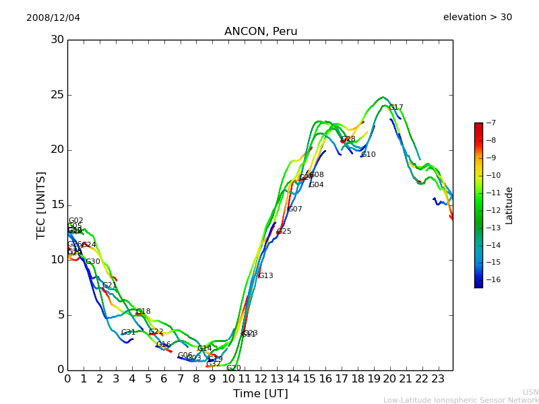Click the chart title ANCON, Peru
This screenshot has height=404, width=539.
[261, 32]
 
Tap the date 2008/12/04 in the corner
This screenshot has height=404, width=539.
[53, 18]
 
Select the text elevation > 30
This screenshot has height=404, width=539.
[477, 18]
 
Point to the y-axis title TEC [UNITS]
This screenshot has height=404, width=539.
[42, 205]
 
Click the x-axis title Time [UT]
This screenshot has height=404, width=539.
[260, 394]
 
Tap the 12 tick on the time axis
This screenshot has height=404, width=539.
[261, 378]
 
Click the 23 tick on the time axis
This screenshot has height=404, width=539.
[438, 378]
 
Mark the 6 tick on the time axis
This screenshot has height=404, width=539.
[164, 378]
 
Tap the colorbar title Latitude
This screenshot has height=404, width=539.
[509, 205]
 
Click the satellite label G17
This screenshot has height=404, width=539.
[396, 108]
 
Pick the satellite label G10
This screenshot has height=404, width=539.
[369, 155]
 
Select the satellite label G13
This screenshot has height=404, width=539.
[266, 276]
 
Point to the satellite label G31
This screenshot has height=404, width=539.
[129, 333]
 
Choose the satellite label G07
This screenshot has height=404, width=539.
[295, 209]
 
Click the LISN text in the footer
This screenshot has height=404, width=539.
[531, 392]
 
